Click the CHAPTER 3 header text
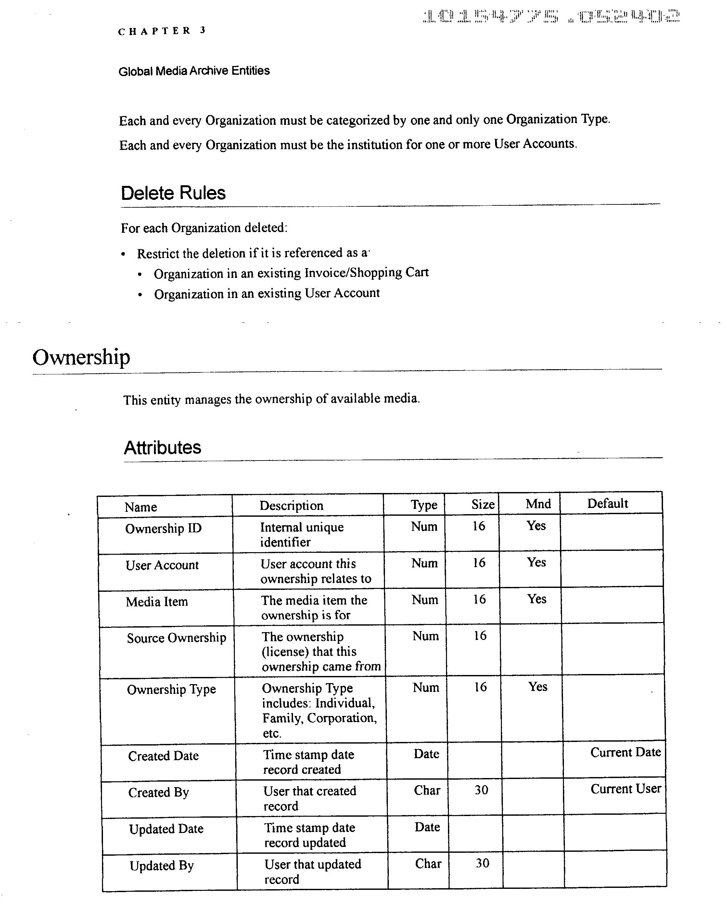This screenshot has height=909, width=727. pyautogui.click(x=161, y=31)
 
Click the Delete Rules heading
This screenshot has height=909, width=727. pyautogui.click(x=173, y=193)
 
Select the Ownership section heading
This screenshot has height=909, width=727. pyautogui.click(x=81, y=357)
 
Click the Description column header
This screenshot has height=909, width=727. pyautogui.click(x=291, y=505)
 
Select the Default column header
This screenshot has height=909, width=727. pyautogui.click(x=607, y=503)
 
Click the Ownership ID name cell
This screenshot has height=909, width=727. pyautogui.click(x=163, y=528)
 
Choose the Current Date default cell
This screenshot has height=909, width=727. pyautogui.click(x=625, y=752)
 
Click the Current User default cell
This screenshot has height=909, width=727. pyautogui.click(x=625, y=789)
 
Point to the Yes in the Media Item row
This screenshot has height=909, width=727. pyautogui.click(x=537, y=599)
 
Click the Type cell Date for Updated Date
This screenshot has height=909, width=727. pyautogui.click(x=427, y=827)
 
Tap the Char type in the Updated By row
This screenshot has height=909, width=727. pyautogui.click(x=428, y=864)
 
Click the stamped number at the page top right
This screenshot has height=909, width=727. pyautogui.click(x=550, y=17)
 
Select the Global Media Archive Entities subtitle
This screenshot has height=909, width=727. pyautogui.click(x=194, y=71)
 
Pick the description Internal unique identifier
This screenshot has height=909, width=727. pyautogui.click(x=301, y=535)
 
